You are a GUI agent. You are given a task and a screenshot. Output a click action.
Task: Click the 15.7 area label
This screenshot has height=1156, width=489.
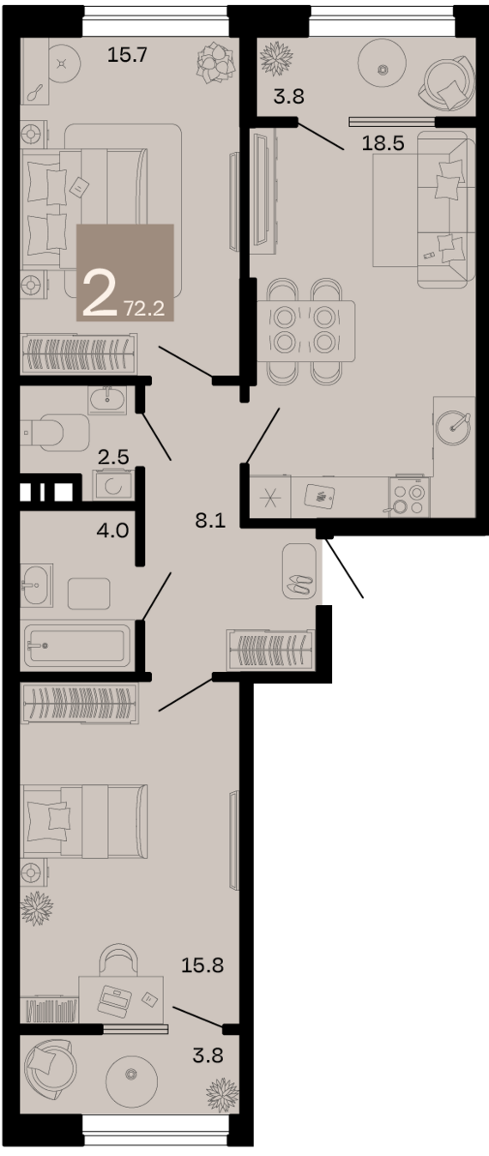128,54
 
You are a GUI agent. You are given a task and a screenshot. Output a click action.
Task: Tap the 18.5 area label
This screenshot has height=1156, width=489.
383,143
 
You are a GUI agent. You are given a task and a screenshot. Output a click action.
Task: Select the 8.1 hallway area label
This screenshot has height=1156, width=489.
210,521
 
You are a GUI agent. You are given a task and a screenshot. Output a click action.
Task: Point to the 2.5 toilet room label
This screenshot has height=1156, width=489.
113,457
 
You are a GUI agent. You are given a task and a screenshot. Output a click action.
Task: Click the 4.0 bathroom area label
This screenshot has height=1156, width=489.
112,530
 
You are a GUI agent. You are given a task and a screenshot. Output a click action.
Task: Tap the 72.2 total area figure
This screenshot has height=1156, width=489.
144,309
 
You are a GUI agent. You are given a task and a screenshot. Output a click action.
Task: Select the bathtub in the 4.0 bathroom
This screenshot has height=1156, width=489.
75,645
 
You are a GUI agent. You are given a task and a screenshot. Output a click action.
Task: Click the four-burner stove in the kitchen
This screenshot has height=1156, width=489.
407,496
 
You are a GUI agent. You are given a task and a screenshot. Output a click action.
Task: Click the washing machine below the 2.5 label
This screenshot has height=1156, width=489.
111,486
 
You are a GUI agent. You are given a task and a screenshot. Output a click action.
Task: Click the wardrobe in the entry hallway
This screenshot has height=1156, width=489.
269,650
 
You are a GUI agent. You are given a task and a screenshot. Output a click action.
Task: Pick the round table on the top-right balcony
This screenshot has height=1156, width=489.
383,69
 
